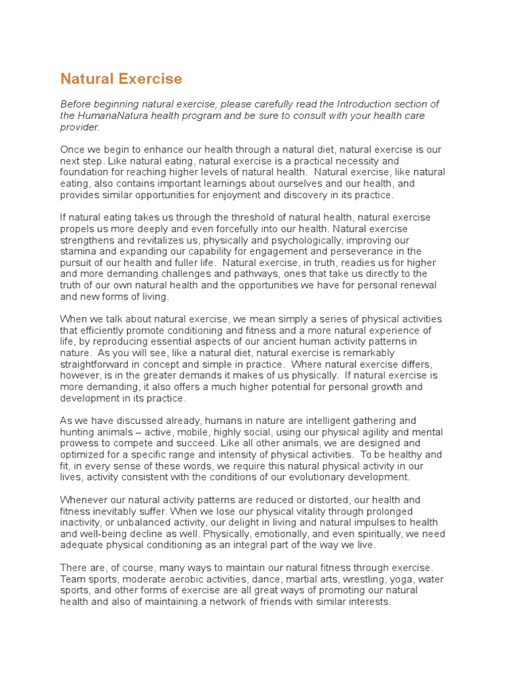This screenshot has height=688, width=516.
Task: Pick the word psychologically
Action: [292, 241]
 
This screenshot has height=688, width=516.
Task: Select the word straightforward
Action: [97, 365]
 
